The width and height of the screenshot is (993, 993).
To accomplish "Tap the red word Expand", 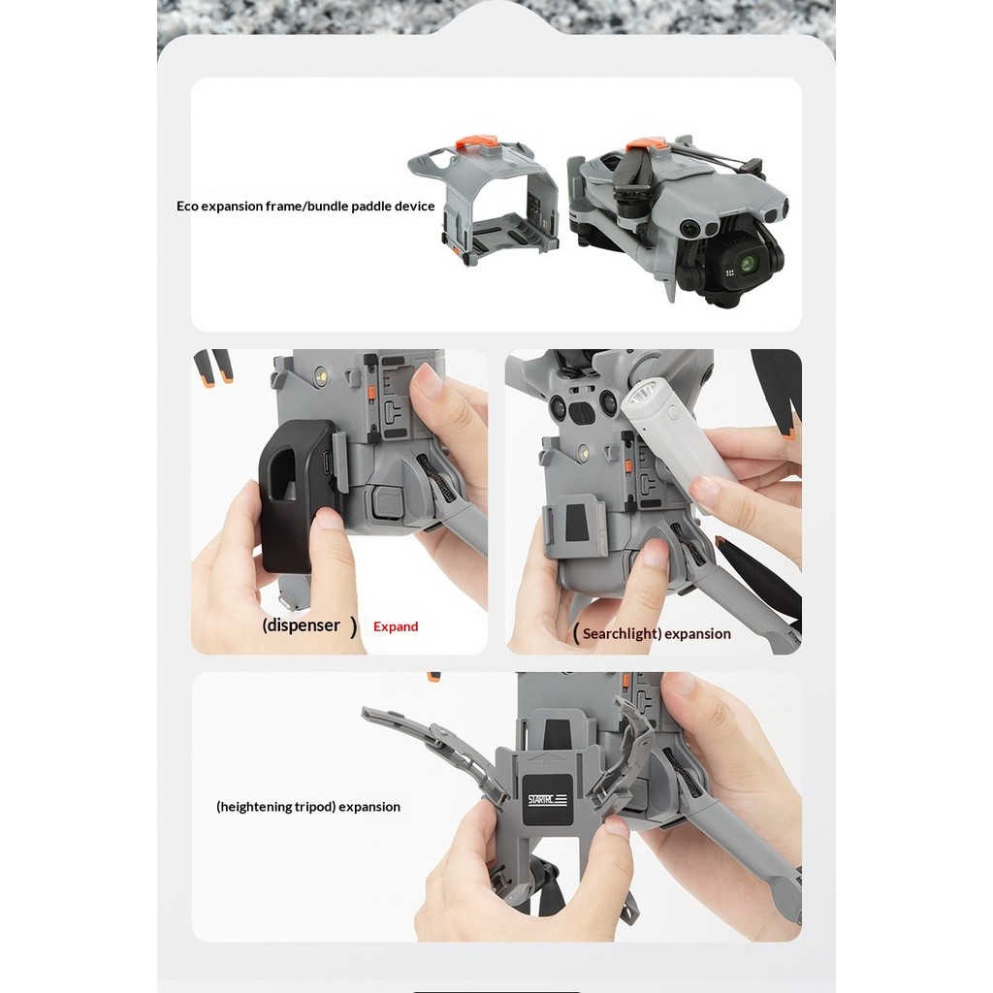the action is coord(396,627).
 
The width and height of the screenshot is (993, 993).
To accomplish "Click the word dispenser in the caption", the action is coord(304,625).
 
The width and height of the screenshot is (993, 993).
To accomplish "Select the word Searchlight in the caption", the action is coord(621,634).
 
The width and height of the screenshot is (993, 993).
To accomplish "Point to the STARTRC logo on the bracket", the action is coord(548,800).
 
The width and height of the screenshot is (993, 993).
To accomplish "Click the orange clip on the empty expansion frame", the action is coord(479,144).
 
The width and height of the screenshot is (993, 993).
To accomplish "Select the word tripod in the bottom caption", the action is coord(314,807).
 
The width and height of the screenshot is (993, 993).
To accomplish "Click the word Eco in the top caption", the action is coord(187,206).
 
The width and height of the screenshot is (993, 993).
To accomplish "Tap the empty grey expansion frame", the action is coord(484,203).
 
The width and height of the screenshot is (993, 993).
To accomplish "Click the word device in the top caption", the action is coord(415,206).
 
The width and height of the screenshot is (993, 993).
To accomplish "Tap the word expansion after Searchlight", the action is coord(697,634).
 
